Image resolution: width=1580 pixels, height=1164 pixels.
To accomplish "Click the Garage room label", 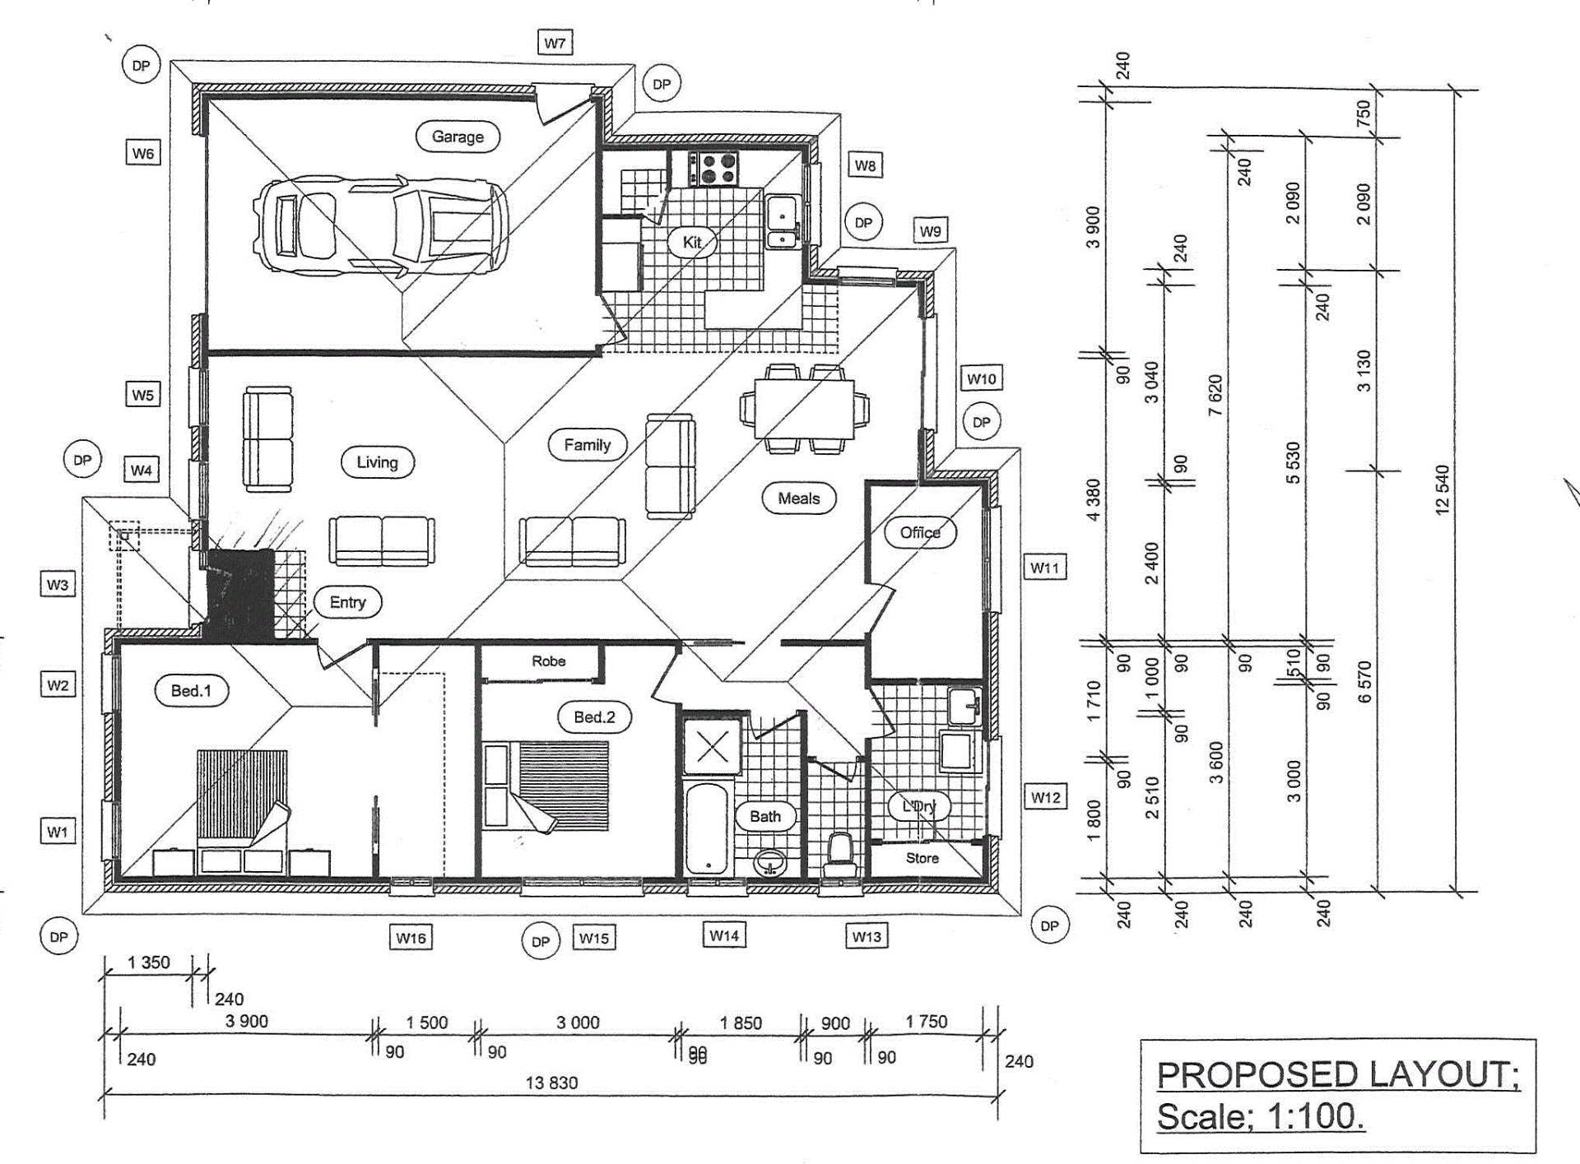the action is click(x=458, y=137).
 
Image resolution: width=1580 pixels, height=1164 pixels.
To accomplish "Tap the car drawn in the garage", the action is click(x=379, y=225).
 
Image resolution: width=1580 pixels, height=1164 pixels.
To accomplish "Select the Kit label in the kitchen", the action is click(x=692, y=242).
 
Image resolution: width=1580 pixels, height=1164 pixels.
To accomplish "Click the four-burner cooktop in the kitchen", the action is click(x=713, y=169).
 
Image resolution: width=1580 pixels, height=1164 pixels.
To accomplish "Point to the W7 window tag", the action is click(x=555, y=43).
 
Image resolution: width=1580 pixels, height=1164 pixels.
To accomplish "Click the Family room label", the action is click(x=587, y=445).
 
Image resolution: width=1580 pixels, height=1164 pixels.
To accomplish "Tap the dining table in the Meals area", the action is click(x=805, y=409).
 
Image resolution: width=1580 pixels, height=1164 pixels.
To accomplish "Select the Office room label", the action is click(x=920, y=532).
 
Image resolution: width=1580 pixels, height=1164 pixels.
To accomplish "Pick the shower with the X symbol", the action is click(x=712, y=746).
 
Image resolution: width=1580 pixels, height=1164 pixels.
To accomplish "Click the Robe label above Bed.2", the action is click(x=548, y=661).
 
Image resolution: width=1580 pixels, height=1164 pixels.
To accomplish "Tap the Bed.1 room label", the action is click(x=191, y=691).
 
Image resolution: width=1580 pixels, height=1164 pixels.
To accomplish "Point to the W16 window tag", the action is click(x=411, y=938).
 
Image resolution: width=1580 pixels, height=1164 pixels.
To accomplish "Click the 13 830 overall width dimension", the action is click(x=551, y=1083).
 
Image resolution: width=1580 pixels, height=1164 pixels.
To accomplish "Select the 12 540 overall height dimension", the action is click(x=1442, y=490).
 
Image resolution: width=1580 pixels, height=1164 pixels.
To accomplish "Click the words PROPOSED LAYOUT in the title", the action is click(x=1338, y=1075).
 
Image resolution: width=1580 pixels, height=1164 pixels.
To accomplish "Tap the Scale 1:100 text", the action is click(x=1261, y=1117).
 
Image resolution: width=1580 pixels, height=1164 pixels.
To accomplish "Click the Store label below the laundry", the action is click(x=922, y=858).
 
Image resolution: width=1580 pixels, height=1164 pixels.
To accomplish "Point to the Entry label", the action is click(x=347, y=602).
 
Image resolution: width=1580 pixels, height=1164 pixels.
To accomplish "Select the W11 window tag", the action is click(x=1045, y=568).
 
